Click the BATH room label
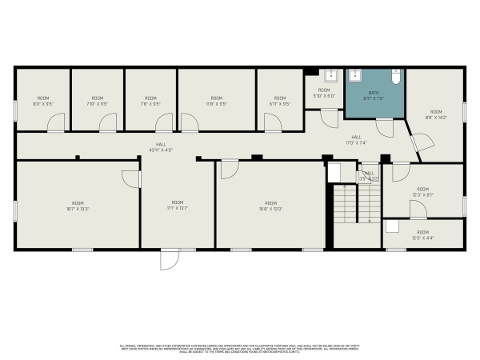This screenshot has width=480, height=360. [374, 95]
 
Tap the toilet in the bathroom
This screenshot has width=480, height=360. [395, 78]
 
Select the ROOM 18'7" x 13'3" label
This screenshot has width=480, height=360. [78, 206]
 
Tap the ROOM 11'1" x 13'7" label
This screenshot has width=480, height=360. [178, 206]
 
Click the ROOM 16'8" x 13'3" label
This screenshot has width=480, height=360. [270, 206]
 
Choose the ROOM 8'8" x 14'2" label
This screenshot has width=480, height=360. [436, 114]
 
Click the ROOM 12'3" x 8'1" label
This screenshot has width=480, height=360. [422, 192]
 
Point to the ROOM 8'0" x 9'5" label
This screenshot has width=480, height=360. [42, 101]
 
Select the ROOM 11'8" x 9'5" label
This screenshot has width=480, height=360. [216, 101]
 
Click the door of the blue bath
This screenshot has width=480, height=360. [385, 126]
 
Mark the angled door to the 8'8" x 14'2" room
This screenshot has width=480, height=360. [417, 144]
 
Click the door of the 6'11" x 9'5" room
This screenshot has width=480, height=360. [273, 122]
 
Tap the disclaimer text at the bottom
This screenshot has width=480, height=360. [240, 350]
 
